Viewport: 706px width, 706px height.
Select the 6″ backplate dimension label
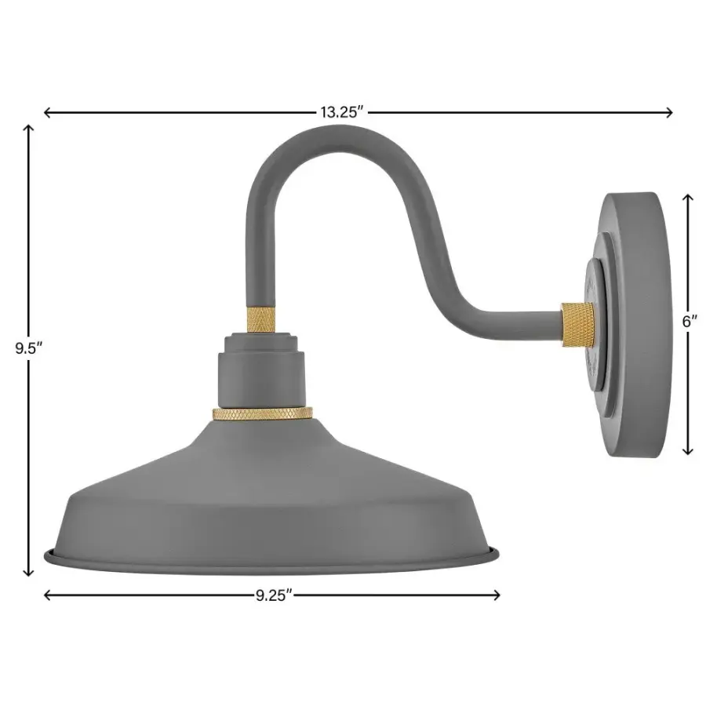689,322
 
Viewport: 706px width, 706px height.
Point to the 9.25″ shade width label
273,595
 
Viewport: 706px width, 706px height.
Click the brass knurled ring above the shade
262,413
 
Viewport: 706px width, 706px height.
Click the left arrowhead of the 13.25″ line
46,112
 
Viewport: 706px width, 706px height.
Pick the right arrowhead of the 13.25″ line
670,112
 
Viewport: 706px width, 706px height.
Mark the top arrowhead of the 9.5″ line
29,128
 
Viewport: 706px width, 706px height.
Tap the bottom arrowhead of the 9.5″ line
29,573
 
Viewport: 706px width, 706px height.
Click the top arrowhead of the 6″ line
689,197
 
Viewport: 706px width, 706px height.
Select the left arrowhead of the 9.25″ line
46,595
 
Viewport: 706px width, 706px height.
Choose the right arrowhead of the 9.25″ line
497,595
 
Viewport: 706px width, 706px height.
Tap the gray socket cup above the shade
262,369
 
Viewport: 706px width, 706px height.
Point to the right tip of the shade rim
497,555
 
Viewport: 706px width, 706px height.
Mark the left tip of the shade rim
46,555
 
